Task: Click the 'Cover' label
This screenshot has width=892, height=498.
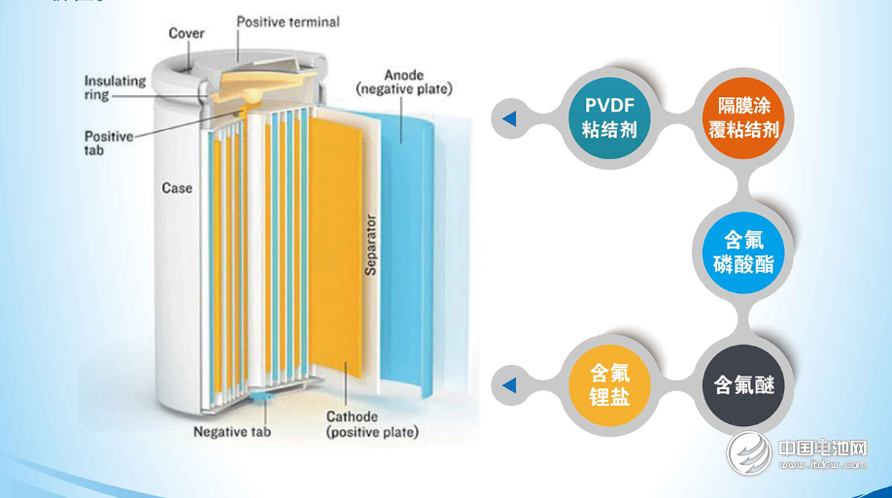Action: pyautogui.click(x=187, y=33)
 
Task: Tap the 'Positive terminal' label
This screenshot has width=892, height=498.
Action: pyautogui.click(x=289, y=21)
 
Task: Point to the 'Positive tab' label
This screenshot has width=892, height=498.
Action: pyautogui.click(x=108, y=143)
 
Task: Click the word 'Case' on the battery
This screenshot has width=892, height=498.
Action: pyautogui.click(x=176, y=187)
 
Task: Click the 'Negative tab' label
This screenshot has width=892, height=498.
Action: pyautogui.click(x=232, y=431)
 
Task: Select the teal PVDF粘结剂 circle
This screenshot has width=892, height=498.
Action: pyautogui.click(x=609, y=117)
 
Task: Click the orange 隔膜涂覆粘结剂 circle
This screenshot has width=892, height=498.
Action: pyautogui.click(x=743, y=117)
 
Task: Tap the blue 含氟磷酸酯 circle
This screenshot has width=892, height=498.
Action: pyautogui.click(x=743, y=251)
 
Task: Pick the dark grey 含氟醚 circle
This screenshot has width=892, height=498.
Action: pyautogui.click(x=743, y=385)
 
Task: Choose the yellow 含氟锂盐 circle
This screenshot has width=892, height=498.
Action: pyautogui.click(x=609, y=385)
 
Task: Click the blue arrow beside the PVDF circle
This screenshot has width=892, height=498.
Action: pyautogui.click(x=509, y=118)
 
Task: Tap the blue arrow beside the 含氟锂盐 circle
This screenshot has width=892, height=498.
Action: pyautogui.click(x=509, y=386)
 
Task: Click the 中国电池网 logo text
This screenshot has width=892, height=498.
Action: pyautogui.click(x=822, y=448)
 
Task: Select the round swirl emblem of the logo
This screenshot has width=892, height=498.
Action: pyautogui.click(x=749, y=453)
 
